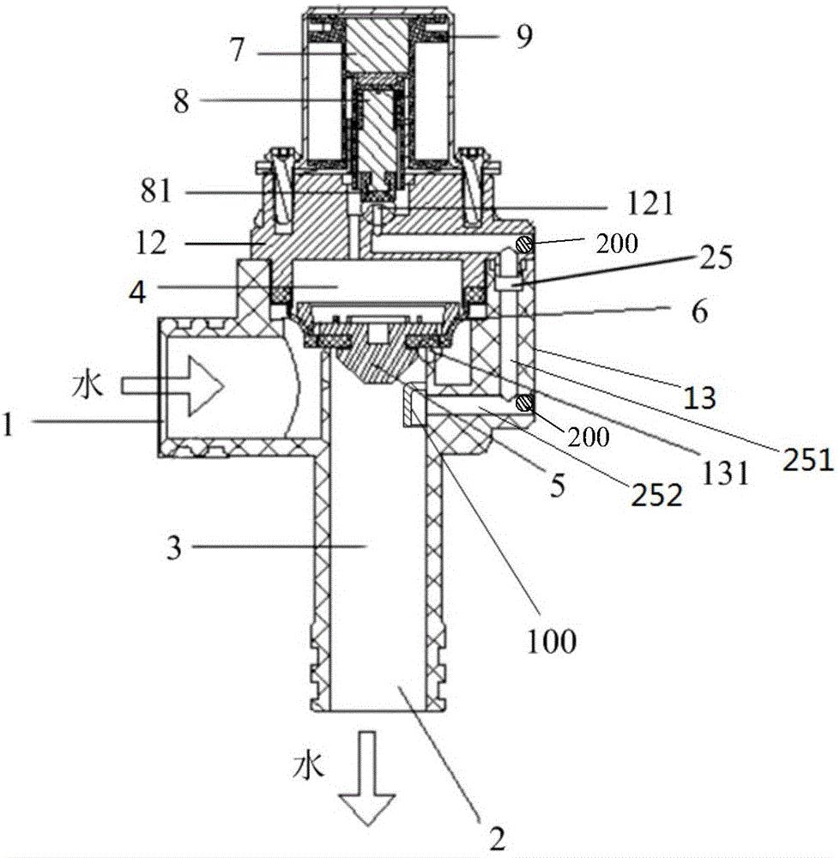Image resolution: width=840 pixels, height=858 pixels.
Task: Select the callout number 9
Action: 524,36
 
